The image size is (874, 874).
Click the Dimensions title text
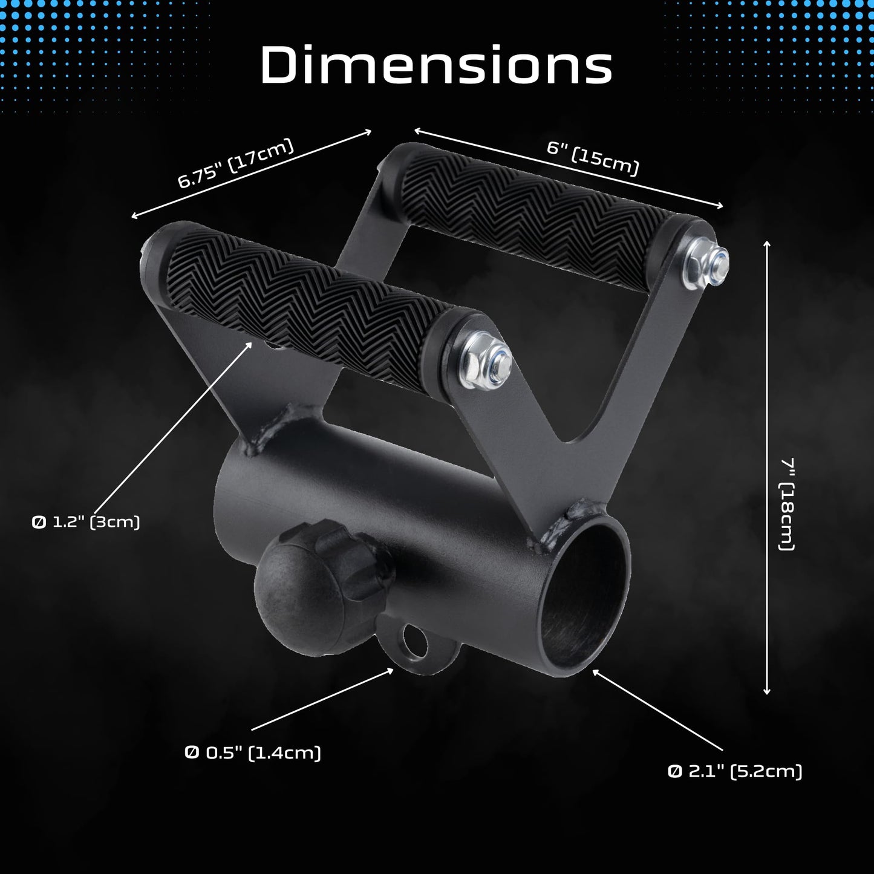tap(436, 64)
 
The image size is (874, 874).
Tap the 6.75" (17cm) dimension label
tap(235, 163)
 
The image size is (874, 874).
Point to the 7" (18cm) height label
tap(787, 504)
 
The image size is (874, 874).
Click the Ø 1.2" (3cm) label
tap(86, 522)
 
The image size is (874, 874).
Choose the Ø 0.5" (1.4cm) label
tap(253, 753)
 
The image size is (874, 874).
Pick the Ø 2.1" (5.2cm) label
tap(735, 772)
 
